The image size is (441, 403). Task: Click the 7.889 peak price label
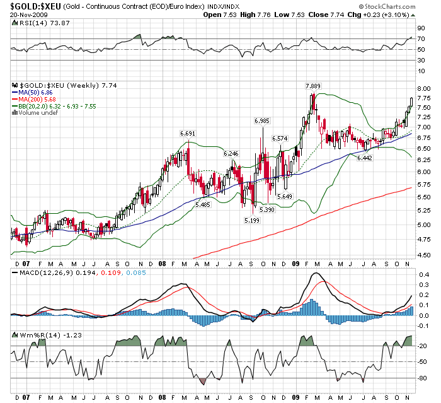tap(312, 86)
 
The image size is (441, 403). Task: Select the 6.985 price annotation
tap(262, 120)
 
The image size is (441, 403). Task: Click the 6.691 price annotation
tap(188, 133)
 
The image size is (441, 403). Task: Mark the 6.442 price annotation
tap(365, 158)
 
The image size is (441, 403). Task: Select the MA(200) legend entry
tap(35, 99)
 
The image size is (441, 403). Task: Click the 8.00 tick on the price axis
tap(422, 88)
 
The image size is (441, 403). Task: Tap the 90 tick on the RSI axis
tap(420, 28)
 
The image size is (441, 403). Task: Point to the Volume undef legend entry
tap(35, 112)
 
